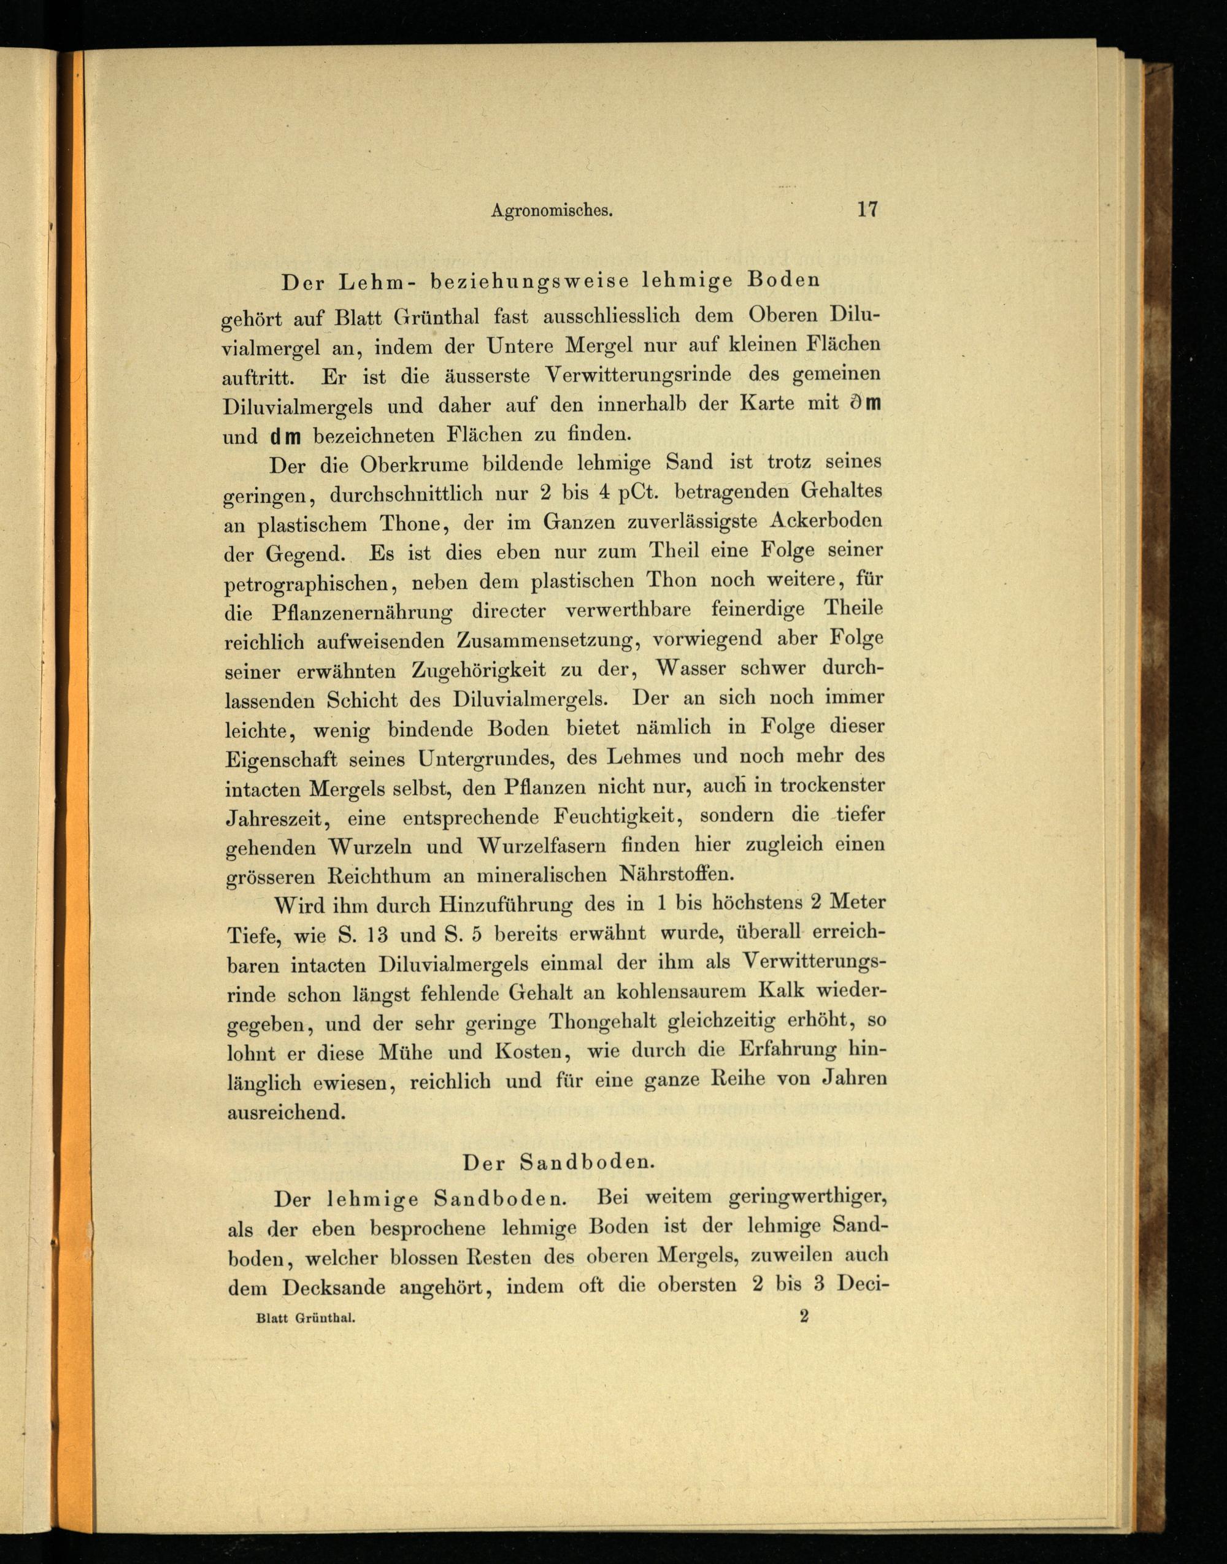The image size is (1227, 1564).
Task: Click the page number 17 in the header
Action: pos(867,210)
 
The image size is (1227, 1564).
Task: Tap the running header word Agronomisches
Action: pos(551,211)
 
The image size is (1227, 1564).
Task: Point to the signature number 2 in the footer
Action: pos(804,1316)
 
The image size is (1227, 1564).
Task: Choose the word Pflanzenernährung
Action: pos(362,613)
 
